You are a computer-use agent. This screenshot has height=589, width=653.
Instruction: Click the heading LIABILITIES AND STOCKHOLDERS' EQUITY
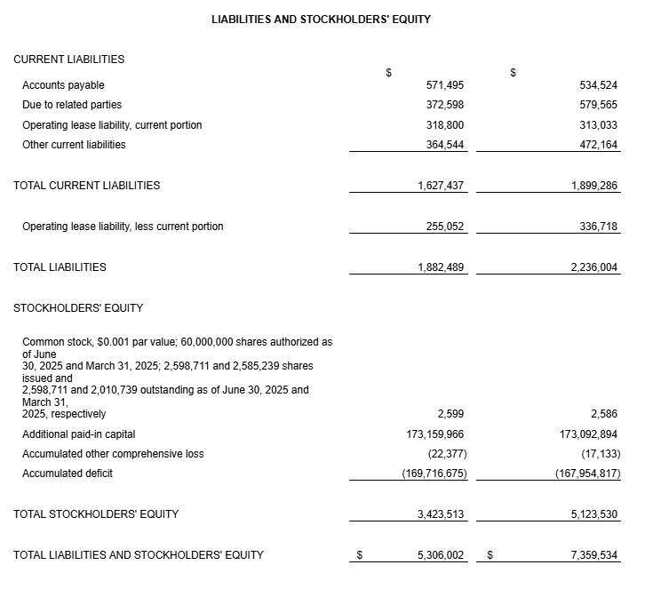pyautogui.click(x=321, y=19)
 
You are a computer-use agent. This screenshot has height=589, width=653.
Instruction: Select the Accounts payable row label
pyautogui.click(x=63, y=85)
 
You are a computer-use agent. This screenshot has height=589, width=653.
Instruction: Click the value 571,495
pyautogui.click(x=445, y=85)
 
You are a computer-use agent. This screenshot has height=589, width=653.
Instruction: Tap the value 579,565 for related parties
pyautogui.click(x=598, y=105)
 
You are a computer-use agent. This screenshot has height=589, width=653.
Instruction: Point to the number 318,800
pyautogui.click(x=445, y=125)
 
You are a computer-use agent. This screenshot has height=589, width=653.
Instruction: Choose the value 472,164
pyautogui.click(x=598, y=145)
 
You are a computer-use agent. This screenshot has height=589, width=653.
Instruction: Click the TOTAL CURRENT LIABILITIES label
pyautogui.click(x=87, y=186)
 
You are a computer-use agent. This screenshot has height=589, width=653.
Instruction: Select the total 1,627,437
pyautogui.click(x=441, y=186)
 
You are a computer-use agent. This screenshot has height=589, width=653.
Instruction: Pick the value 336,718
pyautogui.click(x=598, y=227)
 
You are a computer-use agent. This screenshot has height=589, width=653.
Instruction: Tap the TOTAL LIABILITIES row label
pyautogui.click(x=60, y=267)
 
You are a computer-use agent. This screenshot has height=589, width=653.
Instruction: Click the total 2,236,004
pyautogui.click(x=594, y=267)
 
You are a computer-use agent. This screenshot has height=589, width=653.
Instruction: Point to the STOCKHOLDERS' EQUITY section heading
pyautogui.click(x=78, y=308)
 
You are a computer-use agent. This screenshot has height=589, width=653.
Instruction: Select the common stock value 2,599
pyautogui.click(x=450, y=414)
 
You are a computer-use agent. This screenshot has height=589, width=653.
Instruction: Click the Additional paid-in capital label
pyautogui.click(x=79, y=434)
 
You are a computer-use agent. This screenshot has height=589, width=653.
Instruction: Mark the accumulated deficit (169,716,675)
pyautogui.click(x=434, y=474)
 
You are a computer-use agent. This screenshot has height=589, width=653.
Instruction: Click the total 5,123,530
pyautogui.click(x=594, y=514)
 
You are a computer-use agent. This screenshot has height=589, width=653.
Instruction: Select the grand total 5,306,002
pyautogui.click(x=441, y=555)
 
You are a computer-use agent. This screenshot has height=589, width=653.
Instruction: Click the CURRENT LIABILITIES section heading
pyautogui.click(x=69, y=60)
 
